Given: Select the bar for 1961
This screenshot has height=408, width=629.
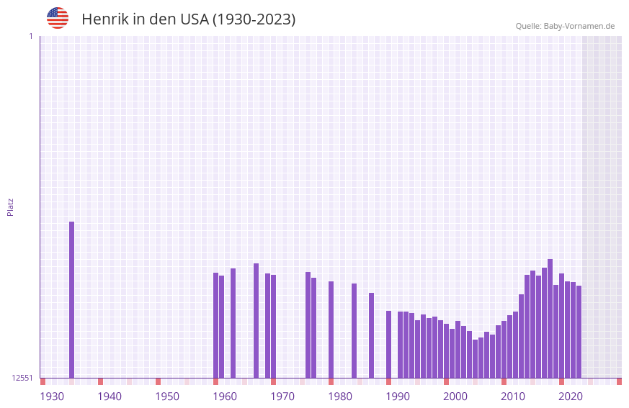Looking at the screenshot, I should click(233, 323).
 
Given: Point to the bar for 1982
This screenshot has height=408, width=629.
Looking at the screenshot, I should click(354, 330).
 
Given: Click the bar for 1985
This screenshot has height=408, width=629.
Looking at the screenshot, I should click(371, 335).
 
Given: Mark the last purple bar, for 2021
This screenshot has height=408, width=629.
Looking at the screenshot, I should click(579, 332).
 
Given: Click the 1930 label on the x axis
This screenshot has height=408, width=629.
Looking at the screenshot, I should click(52, 396).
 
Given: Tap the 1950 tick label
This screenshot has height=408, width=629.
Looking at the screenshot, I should click(167, 396).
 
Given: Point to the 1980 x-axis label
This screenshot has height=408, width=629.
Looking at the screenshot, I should click(340, 396).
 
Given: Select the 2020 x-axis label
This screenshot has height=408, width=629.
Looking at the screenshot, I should click(571, 396).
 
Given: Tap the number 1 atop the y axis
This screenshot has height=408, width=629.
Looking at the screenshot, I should click(30, 36).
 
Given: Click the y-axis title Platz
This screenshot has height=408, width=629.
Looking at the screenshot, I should click(10, 207).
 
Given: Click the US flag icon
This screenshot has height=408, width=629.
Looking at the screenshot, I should click(58, 18).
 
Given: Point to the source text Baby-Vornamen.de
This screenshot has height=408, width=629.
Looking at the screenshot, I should click(579, 26).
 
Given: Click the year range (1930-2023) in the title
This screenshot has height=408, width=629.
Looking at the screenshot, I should click(254, 19).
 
